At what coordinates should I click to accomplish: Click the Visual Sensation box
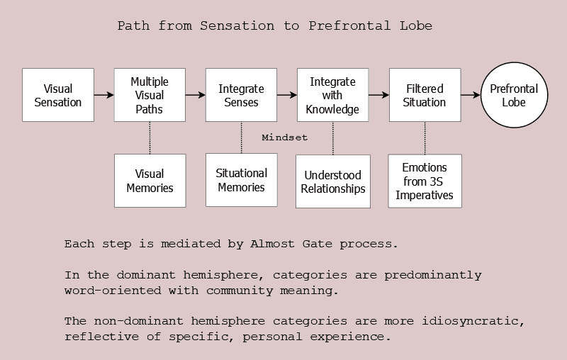[x=58, y=95]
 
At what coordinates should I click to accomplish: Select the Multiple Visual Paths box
[x=150, y=95]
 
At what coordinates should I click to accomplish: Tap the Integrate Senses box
[x=241, y=95]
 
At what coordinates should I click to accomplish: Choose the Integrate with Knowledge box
[x=332, y=95]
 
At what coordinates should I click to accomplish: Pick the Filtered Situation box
[x=425, y=95]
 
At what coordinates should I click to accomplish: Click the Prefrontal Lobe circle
[x=515, y=95]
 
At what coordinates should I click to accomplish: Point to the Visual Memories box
[x=150, y=181]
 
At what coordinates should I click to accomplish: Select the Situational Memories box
[x=242, y=180]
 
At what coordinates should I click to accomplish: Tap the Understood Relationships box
[x=333, y=181]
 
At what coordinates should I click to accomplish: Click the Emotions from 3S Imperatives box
[x=425, y=181]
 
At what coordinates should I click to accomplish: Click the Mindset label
[x=285, y=137]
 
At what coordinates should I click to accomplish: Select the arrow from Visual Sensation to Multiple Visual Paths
[x=104, y=95]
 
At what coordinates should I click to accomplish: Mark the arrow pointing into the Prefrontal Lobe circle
[x=471, y=95]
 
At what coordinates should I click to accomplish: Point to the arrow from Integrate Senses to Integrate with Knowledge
[x=287, y=95]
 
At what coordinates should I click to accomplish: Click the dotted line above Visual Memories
[x=150, y=137]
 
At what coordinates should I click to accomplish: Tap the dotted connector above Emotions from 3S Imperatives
[x=425, y=138]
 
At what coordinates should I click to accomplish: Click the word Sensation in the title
[x=237, y=26]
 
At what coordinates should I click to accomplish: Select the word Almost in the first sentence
[x=272, y=244]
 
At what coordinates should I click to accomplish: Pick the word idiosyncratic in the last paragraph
[x=473, y=321]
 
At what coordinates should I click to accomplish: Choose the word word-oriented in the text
[x=113, y=291]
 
